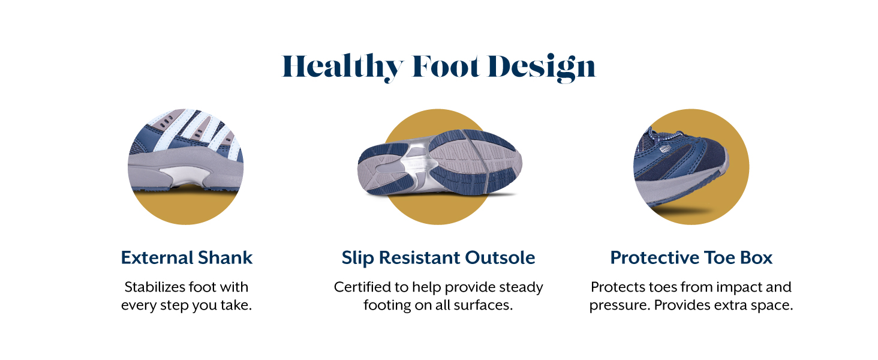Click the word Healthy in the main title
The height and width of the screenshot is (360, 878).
[x=342, y=67]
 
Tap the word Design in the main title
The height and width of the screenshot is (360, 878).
[x=542, y=67]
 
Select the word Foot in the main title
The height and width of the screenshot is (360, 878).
[x=446, y=66]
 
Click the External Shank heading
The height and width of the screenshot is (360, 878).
[x=187, y=257]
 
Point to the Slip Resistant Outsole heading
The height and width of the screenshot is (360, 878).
[x=438, y=257]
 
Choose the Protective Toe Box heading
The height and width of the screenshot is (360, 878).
[x=691, y=257]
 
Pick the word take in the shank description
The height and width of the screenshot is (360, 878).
[x=236, y=305]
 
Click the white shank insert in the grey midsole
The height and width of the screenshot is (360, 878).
[x=185, y=176]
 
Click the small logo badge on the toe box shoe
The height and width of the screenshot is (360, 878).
[x=665, y=149]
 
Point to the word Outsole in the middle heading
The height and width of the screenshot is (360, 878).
[x=500, y=257]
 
